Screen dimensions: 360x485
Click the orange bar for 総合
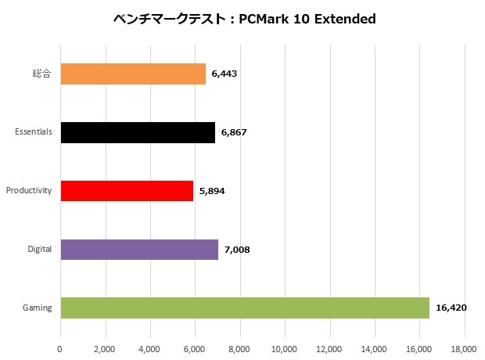(x=132, y=74)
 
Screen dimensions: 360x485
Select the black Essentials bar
(x=137, y=132)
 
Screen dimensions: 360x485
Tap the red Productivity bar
(x=126, y=191)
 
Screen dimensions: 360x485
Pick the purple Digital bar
(x=138, y=250)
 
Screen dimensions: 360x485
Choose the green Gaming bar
(x=244, y=308)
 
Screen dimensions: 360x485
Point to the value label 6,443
(x=224, y=74)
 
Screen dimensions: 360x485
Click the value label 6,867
(x=234, y=132)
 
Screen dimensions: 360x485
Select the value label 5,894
(x=211, y=191)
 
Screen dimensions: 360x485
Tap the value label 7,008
(x=236, y=250)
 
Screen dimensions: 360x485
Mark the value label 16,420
(x=451, y=308)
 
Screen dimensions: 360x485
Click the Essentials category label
(x=34, y=132)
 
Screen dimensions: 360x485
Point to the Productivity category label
(x=29, y=191)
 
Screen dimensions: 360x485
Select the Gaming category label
(x=38, y=308)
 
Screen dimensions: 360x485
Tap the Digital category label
(x=39, y=250)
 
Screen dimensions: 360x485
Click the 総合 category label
(x=43, y=74)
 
